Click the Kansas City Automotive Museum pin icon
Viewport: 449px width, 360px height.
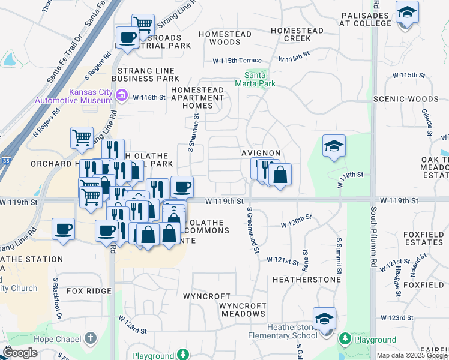(x=122, y=95)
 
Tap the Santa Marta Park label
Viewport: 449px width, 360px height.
(x=260, y=79)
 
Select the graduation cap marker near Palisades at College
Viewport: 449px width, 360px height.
(x=407, y=12)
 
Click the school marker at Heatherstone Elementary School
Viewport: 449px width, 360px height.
(x=324, y=318)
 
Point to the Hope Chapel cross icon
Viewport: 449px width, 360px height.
(x=91, y=338)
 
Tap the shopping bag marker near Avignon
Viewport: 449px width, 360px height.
(x=280, y=175)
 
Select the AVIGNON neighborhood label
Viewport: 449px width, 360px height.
(x=261, y=153)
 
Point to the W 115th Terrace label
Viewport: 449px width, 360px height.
(x=237, y=61)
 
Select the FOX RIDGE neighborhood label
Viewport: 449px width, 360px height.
(x=89, y=291)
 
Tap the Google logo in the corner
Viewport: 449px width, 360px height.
(x=20, y=353)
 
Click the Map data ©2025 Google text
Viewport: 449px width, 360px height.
(x=411, y=355)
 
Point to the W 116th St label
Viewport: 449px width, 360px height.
(x=148, y=97)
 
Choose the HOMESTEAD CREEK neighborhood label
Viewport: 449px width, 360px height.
(x=297, y=34)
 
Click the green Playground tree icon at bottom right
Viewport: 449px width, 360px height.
(x=345, y=340)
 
